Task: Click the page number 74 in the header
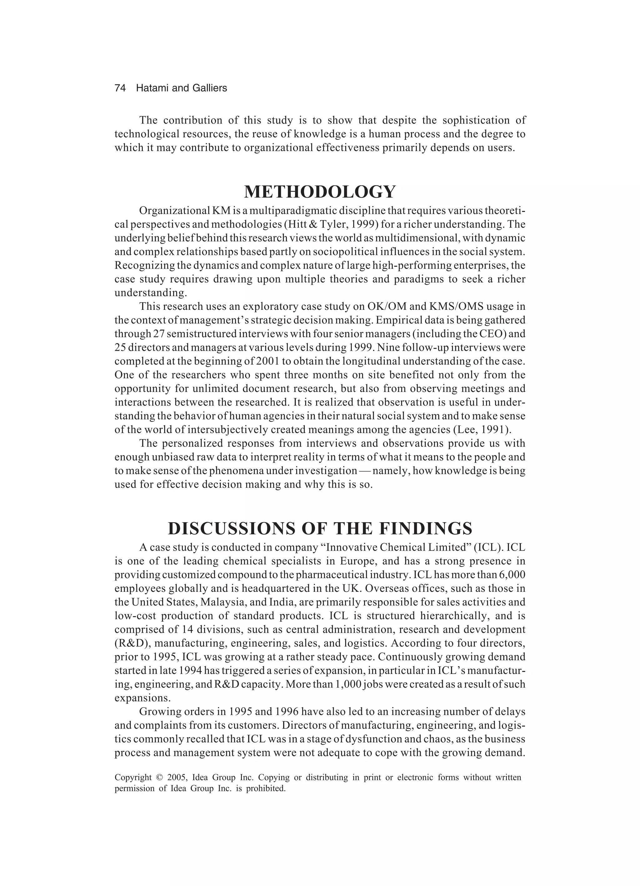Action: tap(120, 88)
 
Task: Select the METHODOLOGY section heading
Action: tap(320, 192)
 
